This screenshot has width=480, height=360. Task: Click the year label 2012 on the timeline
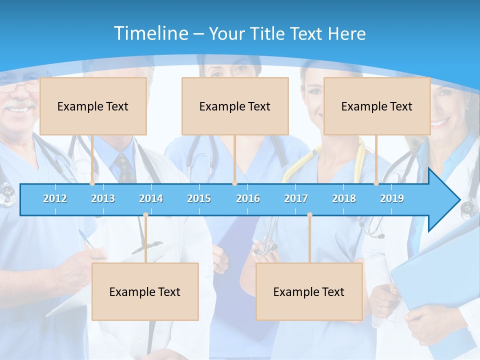(55, 198)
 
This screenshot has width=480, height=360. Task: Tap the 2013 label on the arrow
(103, 198)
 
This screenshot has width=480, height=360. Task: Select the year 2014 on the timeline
(151, 198)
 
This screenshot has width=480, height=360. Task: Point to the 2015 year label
(199, 198)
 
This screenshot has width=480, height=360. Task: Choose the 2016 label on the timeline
(248, 198)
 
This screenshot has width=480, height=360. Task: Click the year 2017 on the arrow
(296, 198)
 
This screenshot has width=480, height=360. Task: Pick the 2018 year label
(344, 198)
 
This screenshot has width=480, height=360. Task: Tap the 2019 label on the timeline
(392, 198)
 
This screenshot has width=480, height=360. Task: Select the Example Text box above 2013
(93, 106)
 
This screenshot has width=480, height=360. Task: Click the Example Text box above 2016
(235, 106)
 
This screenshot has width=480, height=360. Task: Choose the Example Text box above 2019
(377, 106)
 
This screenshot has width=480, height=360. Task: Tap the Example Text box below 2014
(145, 291)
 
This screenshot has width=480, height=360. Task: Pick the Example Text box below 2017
(309, 291)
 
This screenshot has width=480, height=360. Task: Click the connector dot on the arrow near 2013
(92, 183)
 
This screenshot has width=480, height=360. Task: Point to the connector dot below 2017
(309, 215)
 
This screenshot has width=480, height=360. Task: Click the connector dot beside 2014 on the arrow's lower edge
(145, 215)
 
